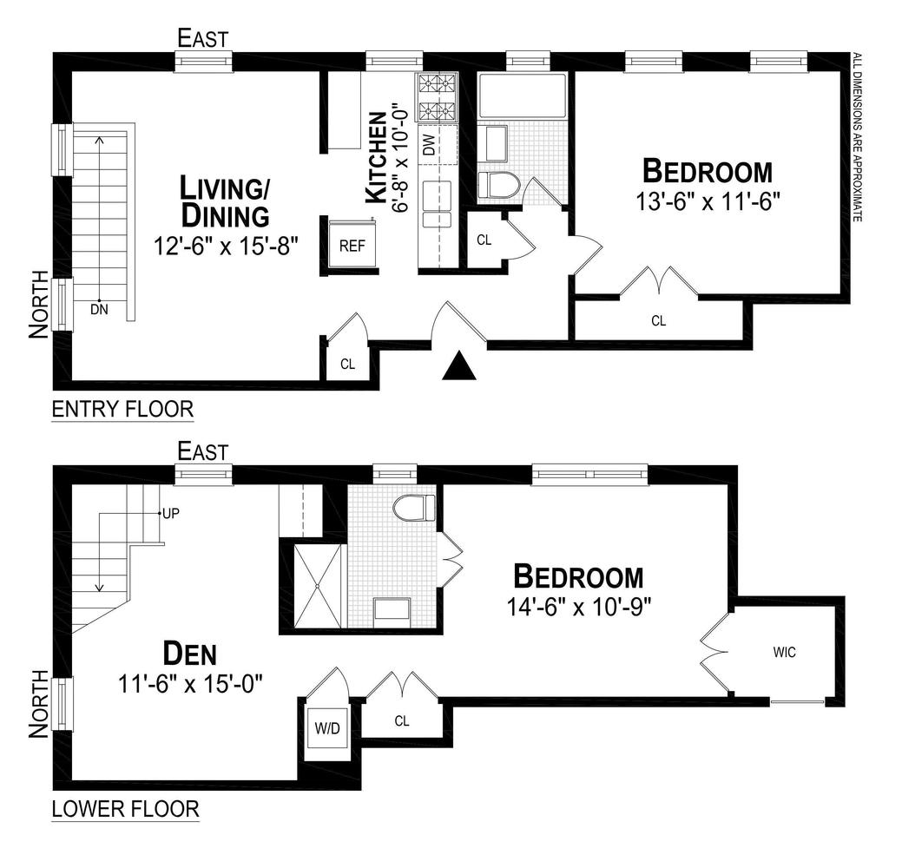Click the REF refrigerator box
point(352,246)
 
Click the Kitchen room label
point(375,159)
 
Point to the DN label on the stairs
point(100,308)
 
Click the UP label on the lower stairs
point(172,513)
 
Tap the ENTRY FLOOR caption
point(122,409)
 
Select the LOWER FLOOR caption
point(125,809)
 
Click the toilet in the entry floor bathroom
point(499,184)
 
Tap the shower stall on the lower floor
point(317,585)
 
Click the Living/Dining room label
point(223,200)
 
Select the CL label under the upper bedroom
point(658,320)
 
